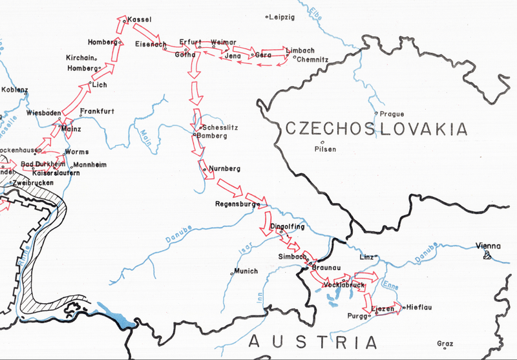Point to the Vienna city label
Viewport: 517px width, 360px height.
point(489,246)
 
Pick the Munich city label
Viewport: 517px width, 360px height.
point(246,271)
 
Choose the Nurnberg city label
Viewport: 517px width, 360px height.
point(224,169)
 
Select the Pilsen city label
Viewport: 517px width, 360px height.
point(325,149)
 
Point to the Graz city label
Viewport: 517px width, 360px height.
point(445,343)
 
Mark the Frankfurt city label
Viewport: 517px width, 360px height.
point(98,111)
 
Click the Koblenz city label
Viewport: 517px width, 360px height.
point(15,89)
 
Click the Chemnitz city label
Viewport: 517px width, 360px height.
point(313,59)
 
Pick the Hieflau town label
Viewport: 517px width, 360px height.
point(419,308)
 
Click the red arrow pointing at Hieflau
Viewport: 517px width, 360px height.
point(391,308)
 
